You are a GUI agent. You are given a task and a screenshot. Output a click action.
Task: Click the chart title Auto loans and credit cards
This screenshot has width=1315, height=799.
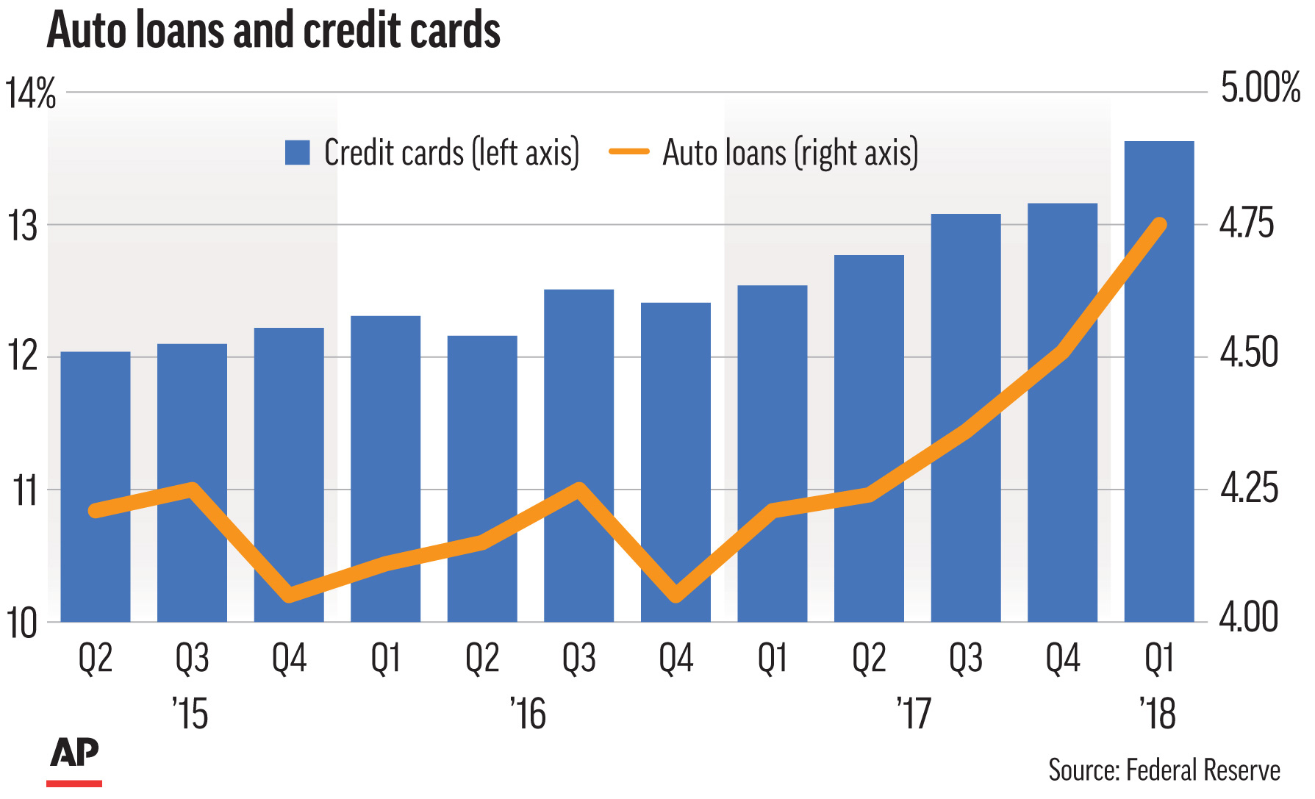point(273,31)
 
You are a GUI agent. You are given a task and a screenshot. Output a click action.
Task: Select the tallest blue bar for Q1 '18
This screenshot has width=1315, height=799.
point(1159,382)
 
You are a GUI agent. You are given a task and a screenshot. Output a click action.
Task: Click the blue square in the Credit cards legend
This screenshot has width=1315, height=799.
point(298,153)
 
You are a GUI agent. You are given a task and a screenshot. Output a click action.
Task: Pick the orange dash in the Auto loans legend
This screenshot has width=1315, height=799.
point(629,152)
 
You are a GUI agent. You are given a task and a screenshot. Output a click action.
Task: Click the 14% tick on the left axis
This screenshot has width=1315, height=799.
point(31,94)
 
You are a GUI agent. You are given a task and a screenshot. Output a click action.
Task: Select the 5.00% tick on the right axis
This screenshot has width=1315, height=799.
point(1260,88)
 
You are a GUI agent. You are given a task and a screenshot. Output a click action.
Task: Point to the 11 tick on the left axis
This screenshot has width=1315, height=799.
point(26,491)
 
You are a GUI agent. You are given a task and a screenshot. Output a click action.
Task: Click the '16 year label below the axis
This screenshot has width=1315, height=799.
point(528,714)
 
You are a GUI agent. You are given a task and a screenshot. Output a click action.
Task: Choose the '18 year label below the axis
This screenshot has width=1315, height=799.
point(1158,714)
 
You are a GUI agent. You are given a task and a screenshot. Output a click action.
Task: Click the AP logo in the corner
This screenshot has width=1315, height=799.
point(74,753)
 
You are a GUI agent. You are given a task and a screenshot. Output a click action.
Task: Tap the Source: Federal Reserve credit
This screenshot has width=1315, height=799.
point(1164,770)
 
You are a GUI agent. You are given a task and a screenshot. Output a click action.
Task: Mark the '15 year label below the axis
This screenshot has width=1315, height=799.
point(191,714)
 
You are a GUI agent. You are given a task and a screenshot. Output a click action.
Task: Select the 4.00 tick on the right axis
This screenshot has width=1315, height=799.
point(1249,617)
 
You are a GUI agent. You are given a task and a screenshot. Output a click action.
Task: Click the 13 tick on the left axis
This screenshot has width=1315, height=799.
point(24,226)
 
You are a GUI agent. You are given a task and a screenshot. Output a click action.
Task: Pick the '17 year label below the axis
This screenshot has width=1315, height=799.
point(914,714)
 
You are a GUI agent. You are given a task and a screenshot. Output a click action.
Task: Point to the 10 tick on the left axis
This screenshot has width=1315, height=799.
point(24,623)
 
